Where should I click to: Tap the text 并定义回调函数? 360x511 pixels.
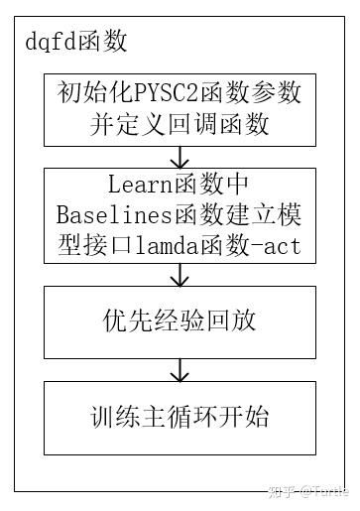[x=180, y=125]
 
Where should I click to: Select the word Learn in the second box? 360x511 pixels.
[x=135, y=186]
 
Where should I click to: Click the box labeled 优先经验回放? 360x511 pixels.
[x=180, y=320]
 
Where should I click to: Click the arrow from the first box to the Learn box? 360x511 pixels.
[x=180, y=156]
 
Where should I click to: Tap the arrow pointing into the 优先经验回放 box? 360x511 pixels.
[x=180, y=275]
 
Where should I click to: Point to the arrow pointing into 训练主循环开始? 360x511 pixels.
[x=180, y=370]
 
